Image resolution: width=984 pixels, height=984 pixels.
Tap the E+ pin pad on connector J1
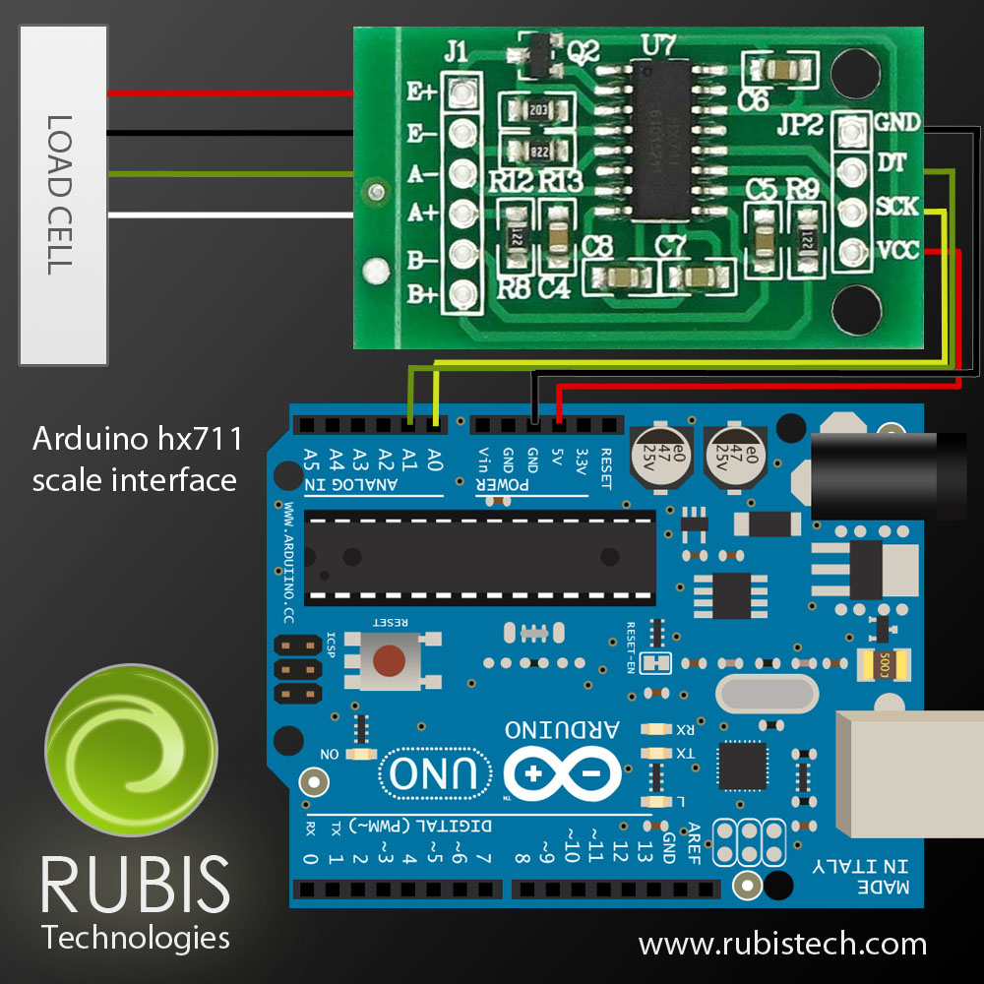(460, 93)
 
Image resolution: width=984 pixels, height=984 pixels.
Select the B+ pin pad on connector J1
(460, 293)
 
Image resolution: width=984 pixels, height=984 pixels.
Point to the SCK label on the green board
(895, 207)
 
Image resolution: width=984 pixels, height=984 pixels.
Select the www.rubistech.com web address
(782, 945)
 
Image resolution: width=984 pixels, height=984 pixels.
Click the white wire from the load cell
(226, 215)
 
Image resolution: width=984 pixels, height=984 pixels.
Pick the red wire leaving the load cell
(226, 93)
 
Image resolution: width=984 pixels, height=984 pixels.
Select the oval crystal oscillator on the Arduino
(768, 694)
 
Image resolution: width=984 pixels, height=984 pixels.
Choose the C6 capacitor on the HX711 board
(777, 70)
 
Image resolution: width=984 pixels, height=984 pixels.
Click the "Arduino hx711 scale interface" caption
(136, 460)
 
